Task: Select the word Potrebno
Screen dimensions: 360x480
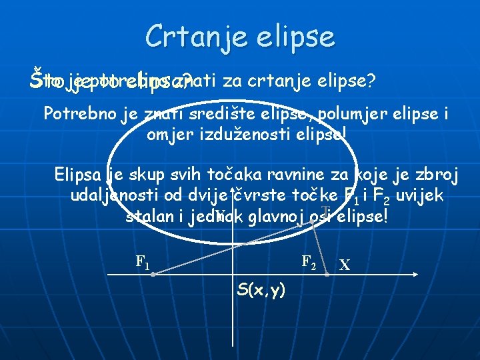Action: point(81,113)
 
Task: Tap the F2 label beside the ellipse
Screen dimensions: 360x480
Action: point(308,261)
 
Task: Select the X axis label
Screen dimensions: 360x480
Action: point(345,265)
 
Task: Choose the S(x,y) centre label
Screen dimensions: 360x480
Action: point(261,289)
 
